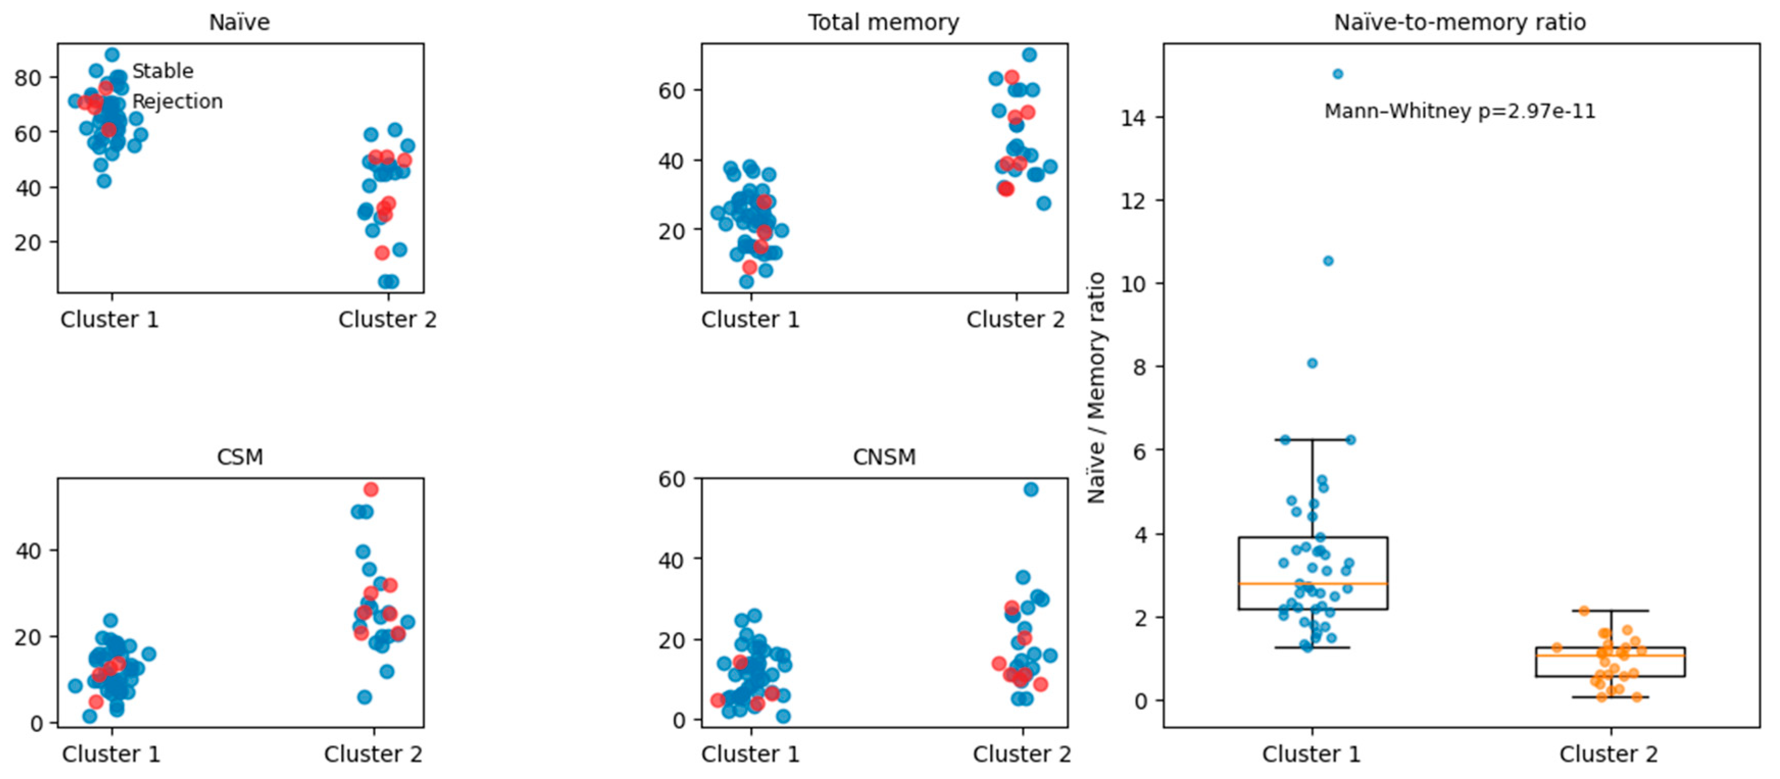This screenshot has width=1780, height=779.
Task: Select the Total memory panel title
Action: [884, 23]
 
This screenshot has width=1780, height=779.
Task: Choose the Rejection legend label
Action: [177, 101]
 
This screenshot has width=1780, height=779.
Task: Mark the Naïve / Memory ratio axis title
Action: [1096, 387]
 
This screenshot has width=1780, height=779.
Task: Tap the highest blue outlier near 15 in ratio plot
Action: [1338, 74]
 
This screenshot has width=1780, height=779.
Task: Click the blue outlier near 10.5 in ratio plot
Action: [1328, 261]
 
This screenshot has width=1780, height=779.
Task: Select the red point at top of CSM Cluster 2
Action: [371, 489]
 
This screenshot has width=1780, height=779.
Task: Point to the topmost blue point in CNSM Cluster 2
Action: [1031, 489]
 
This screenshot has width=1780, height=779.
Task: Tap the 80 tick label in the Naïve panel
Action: [28, 78]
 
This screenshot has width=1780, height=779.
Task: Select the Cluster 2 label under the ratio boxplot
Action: [1608, 754]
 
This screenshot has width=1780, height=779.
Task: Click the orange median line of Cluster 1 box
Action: [1313, 584]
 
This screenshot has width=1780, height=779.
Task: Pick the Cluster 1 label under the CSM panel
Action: [111, 754]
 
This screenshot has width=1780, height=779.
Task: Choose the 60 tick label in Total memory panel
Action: [672, 90]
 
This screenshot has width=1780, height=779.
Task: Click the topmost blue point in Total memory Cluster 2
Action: [1030, 55]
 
